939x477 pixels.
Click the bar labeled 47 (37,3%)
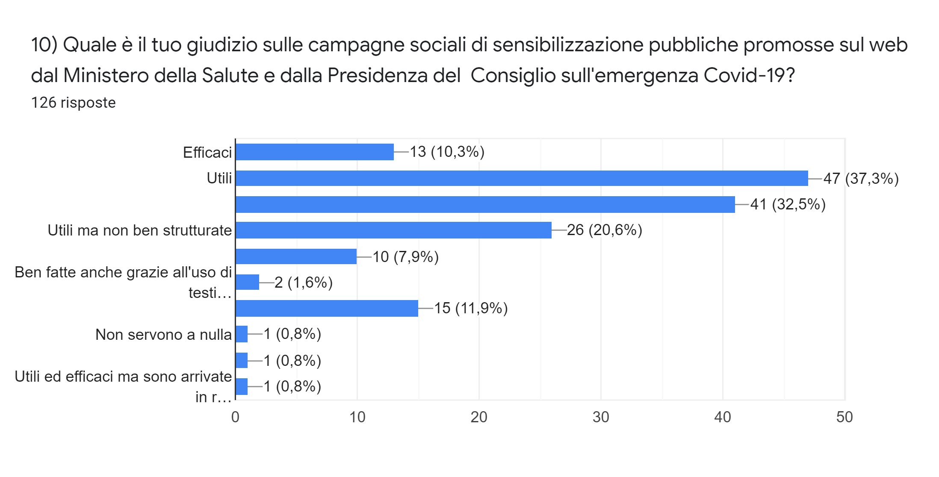[x=522, y=178]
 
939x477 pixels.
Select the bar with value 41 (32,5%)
[x=485, y=204]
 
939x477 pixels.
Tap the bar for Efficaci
[x=314, y=152]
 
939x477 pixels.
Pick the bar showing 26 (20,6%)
[x=393, y=230]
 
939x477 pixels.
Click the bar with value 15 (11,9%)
[x=327, y=308]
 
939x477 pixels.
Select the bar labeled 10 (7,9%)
[x=296, y=256]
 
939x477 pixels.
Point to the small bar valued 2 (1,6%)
[x=248, y=282]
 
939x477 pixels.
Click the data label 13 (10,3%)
[x=447, y=152]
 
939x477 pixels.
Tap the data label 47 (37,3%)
[x=861, y=178]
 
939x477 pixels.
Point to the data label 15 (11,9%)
[x=471, y=308]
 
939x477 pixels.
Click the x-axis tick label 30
[x=600, y=417]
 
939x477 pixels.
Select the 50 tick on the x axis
[x=844, y=417]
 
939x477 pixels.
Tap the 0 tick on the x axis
[x=235, y=417]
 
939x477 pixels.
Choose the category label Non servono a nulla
[x=163, y=335]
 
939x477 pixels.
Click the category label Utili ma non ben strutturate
[x=140, y=230]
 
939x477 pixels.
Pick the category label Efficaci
[x=207, y=153]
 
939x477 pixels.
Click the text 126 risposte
[x=74, y=103]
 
